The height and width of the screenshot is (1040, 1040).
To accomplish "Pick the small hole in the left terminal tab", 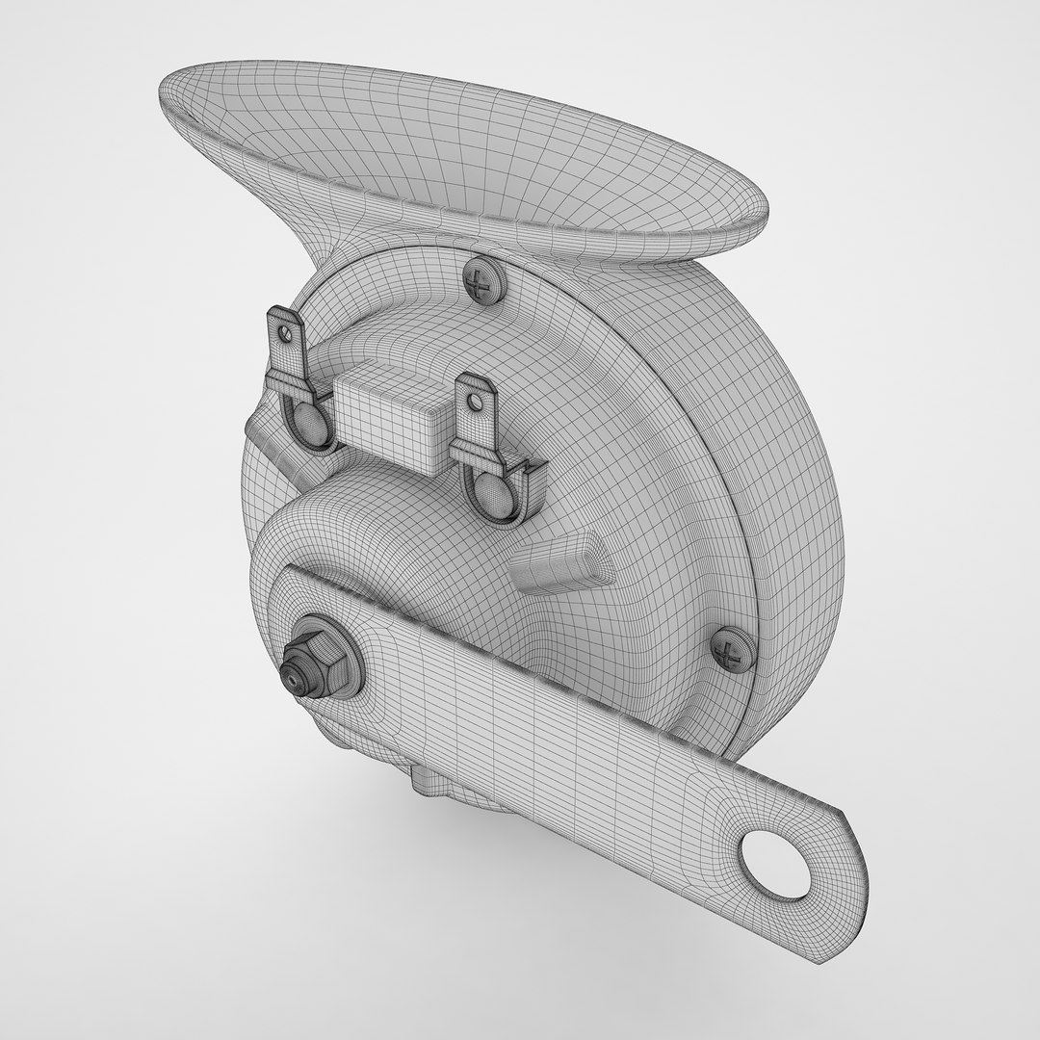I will pos(284,331).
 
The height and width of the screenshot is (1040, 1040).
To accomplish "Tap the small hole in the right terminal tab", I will pos(474,395).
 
